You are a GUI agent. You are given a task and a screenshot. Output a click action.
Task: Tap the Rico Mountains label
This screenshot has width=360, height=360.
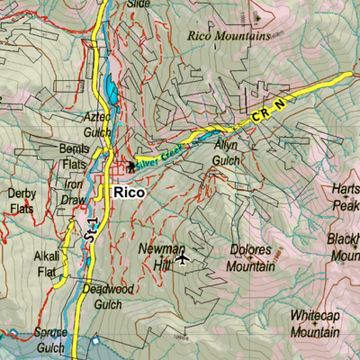pyautogui.click(x=229, y=37)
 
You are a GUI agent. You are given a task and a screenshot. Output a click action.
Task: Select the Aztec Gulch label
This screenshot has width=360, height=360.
pyautogui.click(x=97, y=123)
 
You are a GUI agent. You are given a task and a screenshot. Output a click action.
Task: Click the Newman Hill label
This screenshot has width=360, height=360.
pyautogui.click(x=161, y=255)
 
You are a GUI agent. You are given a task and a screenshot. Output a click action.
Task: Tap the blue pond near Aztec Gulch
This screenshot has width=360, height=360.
pyautogui.click(x=110, y=91)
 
